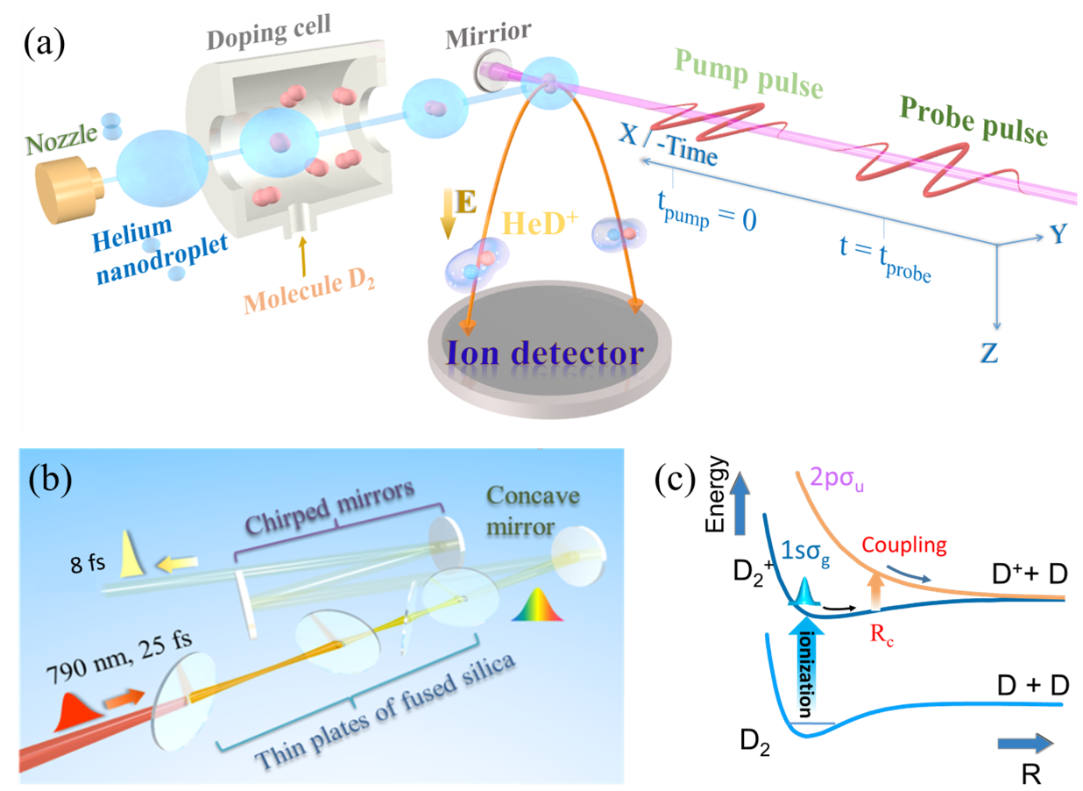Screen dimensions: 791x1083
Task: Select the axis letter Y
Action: click(1059, 235)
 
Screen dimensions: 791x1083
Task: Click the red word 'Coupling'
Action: click(903, 545)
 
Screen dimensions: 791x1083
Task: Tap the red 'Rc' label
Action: click(881, 639)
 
